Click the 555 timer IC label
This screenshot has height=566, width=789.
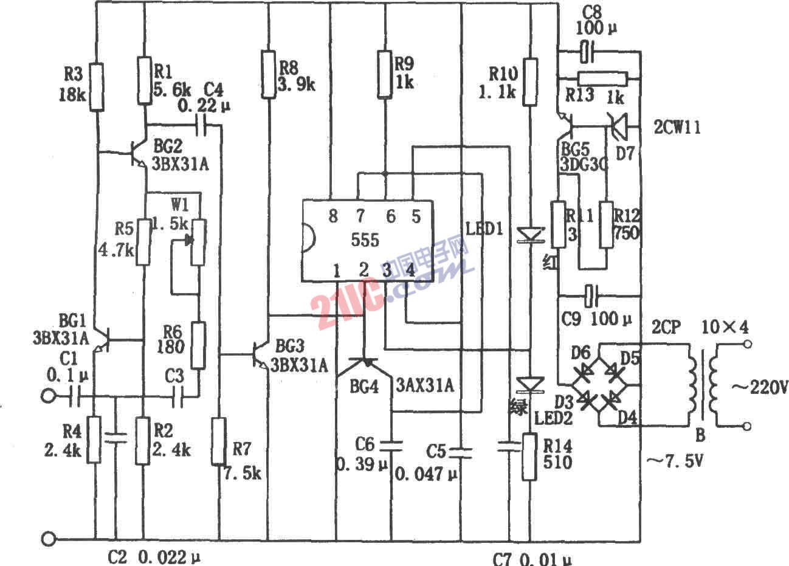tap(365, 240)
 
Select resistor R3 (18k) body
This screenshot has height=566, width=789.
tap(96, 86)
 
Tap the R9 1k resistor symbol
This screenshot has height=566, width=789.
tap(384, 74)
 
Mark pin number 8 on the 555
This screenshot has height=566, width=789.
tap(332, 216)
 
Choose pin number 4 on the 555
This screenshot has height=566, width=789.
tap(410, 269)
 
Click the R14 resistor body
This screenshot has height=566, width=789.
tap(530, 456)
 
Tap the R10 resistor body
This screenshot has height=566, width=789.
tap(531, 82)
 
